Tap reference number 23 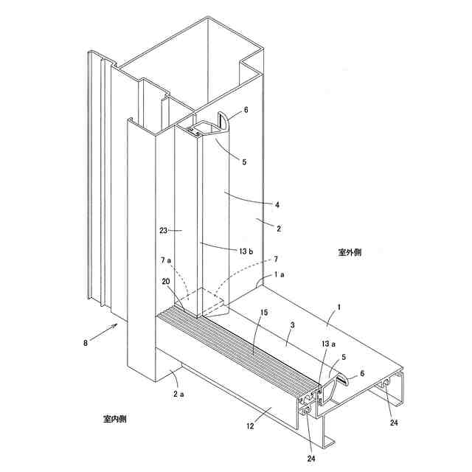[x=167, y=230]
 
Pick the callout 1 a [x=282, y=275]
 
